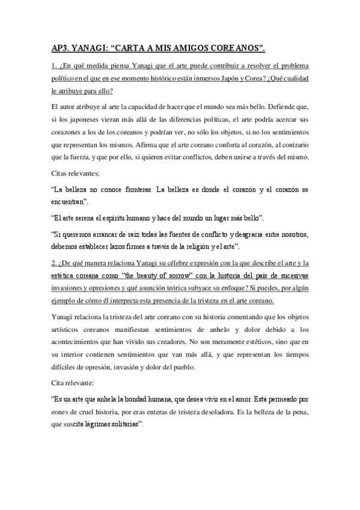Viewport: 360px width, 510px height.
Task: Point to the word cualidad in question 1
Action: pos(292,79)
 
